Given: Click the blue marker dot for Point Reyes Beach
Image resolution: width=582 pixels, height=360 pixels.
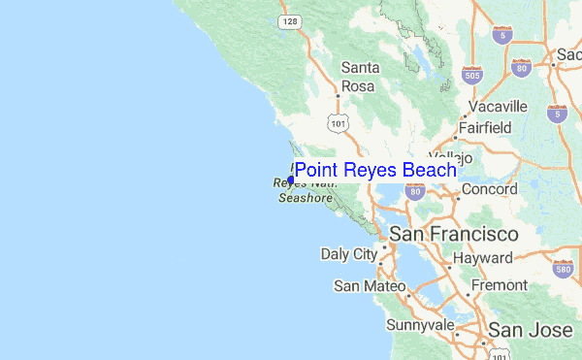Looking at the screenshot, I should coord(291,180).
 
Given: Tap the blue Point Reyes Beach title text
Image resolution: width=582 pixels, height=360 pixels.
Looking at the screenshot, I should coord(375,171).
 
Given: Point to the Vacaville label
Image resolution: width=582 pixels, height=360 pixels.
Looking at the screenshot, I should coord(497,106).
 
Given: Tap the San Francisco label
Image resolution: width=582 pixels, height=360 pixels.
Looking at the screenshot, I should coord(454,235).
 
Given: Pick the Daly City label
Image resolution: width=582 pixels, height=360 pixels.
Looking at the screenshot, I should coord(349,255).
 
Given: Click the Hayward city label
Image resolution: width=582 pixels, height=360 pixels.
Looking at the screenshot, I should coord(483,259).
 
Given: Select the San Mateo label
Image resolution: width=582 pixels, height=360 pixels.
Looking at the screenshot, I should coord(363,286).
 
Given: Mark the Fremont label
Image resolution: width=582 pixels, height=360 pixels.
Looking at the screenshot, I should coord(499,286).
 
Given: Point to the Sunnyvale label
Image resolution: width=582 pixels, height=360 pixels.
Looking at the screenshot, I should coord(420,324).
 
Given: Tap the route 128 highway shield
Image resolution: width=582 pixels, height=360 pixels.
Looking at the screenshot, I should coord(289,20).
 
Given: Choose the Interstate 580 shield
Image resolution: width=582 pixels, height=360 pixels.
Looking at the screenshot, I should coord(564,268).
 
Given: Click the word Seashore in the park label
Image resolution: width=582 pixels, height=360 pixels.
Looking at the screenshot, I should coord(306,197).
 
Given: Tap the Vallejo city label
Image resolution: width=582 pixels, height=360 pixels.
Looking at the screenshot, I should coord(452,156).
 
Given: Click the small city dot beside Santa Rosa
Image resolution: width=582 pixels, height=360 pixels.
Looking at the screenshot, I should coord(338,95).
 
